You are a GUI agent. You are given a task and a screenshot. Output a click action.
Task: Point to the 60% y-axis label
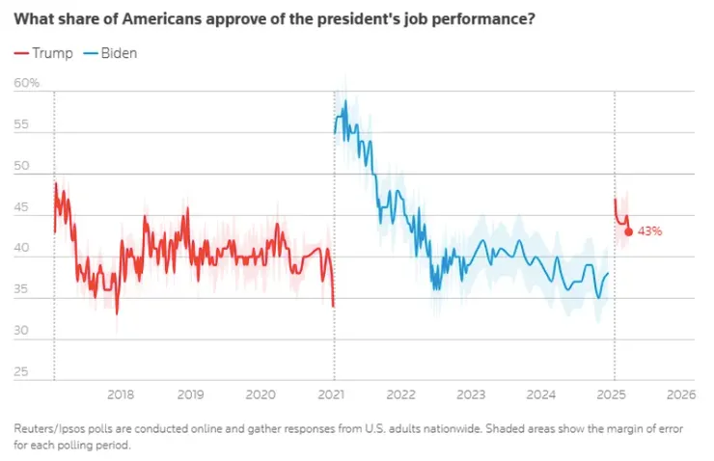(x=27, y=84)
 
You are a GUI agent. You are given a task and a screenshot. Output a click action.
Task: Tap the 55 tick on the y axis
(x=21, y=125)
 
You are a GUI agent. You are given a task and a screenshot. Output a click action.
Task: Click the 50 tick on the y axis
(x=21, y=167)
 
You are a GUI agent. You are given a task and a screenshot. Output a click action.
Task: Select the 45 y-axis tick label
(x=21, y=208)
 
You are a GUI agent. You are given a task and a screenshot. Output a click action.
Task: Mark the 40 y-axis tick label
(x=21, y=250)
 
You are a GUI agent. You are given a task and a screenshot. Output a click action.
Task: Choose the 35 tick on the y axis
(x=21, y=291)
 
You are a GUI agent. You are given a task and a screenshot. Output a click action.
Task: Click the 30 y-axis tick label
(x=21, y=333)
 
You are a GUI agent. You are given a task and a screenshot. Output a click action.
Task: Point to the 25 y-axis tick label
(x=21, y=373)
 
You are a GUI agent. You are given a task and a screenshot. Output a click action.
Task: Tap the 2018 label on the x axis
(x=121, y=394)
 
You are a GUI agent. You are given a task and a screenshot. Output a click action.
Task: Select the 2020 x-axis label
(x=261, y=394)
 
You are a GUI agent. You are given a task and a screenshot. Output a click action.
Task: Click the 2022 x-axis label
(x=401, y=394)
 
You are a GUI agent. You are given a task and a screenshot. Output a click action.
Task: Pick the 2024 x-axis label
(x=541, y=394)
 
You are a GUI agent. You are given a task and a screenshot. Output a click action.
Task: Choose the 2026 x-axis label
(x=681, y=394)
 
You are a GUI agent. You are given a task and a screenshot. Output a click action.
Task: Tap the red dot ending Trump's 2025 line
(x=629, y=231)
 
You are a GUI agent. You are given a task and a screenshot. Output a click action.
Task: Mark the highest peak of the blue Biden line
(x=345, y=100)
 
